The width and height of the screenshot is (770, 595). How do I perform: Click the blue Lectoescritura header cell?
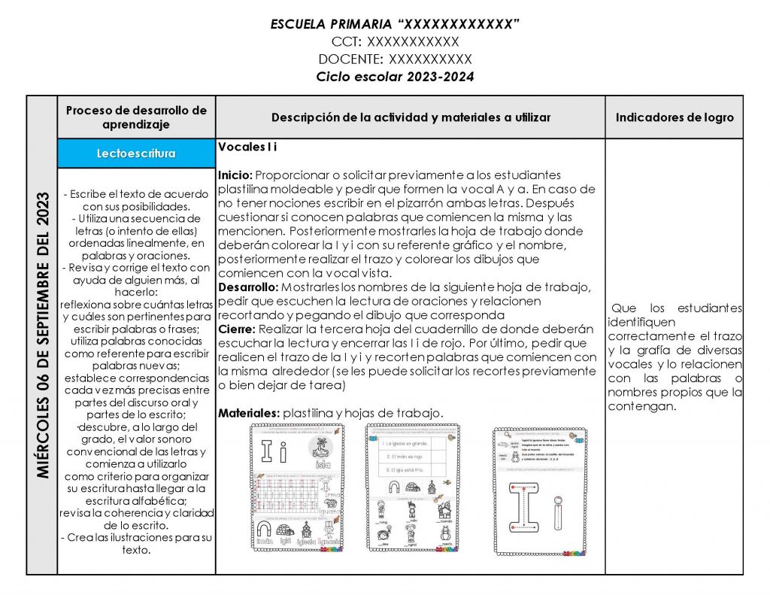coord(136,153)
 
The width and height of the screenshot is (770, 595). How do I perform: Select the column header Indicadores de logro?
coord(675,117)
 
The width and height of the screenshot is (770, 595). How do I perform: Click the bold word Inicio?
coord(234,175)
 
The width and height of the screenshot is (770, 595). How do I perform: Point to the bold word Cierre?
coord(236,329)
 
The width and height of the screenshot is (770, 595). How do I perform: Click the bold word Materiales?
coord(248,413)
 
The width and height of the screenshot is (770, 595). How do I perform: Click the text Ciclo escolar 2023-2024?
coord(395,77)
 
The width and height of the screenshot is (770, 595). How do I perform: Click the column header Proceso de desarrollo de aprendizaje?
coord(136,117)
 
